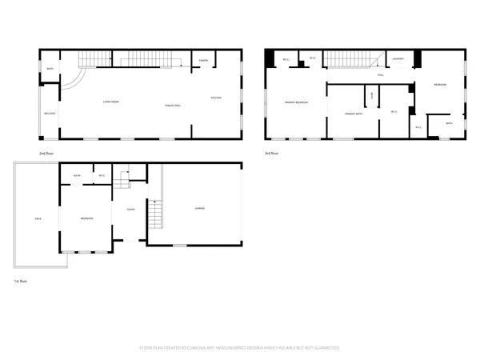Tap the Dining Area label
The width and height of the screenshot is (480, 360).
tap(171, 106)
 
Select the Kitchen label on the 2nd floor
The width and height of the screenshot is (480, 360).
tap(215, 98)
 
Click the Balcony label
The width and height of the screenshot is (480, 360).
tap(50, 114)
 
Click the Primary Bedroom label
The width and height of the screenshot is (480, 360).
tap(295, 102)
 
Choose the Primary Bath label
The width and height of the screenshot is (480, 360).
tap(355, 114)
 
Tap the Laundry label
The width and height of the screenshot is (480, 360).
tap(398, 59)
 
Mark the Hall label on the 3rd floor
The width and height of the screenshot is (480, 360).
tap(381, 74)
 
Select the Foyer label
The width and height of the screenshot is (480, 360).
tap(130, 210)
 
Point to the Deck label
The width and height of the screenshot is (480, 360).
tap(38, 218)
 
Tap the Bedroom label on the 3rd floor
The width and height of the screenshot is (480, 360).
tap(439, 85)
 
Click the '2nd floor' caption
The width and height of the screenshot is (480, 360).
tap(46, 152)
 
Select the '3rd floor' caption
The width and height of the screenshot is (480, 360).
tap(272, 152)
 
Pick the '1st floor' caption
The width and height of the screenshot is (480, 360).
tap(19, 282)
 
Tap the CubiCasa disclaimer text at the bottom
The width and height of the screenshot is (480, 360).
tap(240, 348)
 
